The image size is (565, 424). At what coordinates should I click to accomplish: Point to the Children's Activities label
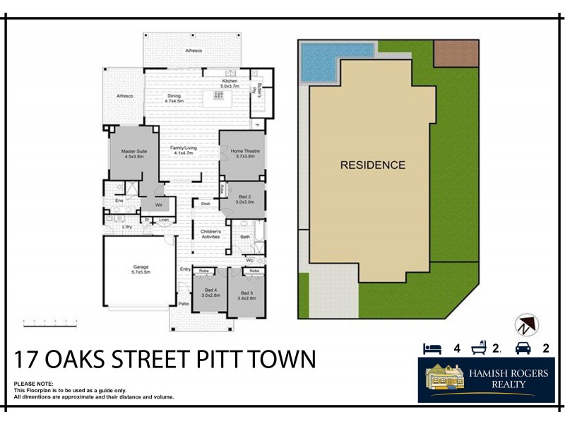(211, 234)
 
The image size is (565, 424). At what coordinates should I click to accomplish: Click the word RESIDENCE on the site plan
(373, 165)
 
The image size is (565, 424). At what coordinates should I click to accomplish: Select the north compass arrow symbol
(526, 325)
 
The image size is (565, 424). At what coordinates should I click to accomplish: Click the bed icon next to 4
(432, 348)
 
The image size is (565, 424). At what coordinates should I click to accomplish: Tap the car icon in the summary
(523, 348)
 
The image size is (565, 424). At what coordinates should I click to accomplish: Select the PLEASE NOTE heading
(34, 384)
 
